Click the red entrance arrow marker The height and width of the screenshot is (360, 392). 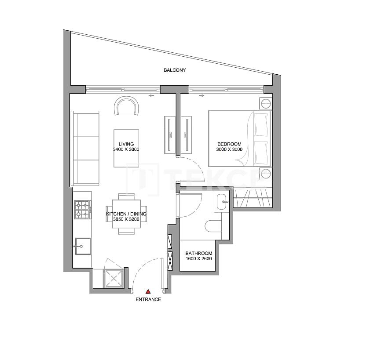(x=148, y=291)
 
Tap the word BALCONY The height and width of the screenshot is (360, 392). (x=175, y=70)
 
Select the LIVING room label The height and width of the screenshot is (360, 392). (x=126, y=144)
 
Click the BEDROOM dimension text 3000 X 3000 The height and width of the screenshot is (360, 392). (x=229, y=149)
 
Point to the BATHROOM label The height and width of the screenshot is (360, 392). (x=199, y=254)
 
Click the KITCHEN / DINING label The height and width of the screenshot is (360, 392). (x=126, y=214)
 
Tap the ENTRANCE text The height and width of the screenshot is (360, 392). (x=148, y=300)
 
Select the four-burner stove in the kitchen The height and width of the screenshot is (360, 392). (x=82, y=210)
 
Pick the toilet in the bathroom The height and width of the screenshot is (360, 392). (x=216, y=225)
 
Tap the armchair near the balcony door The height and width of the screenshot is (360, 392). (x=126, y=106)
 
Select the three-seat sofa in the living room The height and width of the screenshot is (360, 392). (x=86, y=148)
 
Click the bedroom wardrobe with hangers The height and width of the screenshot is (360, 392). (x=252, y=197)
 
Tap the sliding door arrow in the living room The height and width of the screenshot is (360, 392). (x=151, y=95)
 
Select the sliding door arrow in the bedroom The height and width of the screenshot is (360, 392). (x=201, y=95)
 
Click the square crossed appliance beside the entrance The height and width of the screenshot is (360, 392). (x=114, y=279)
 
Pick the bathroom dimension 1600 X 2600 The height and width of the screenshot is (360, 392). (x=199, y=259)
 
